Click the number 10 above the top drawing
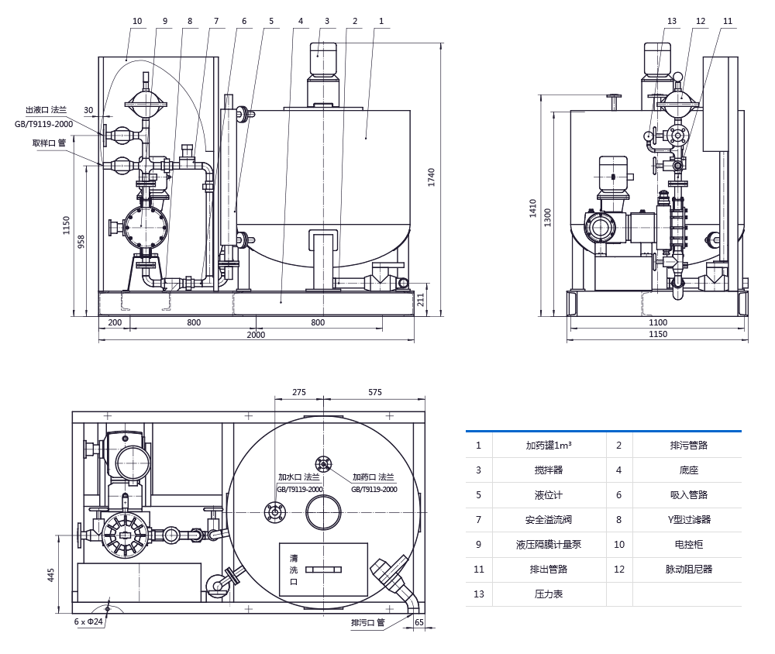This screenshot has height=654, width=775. click(x=137, y=21)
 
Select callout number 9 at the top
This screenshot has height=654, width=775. click(x=164, y=21)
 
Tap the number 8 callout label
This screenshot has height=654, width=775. click(x=190, y=21)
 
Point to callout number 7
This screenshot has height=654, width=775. click(x=216, y=21)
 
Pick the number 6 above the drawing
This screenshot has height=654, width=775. click(x=244, y=21)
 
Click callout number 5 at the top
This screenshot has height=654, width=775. click(x=271, y=21)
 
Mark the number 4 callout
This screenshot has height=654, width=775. click(x=301, y=21)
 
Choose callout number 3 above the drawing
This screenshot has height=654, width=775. click(x=327, y=21)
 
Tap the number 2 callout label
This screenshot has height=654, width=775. click(x=355, y=21)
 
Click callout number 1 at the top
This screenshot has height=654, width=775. click(x=381, y=21)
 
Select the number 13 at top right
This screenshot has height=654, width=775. click(x=672, y=21)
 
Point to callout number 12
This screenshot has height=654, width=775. click(x=701, y=21)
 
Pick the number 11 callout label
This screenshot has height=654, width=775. click(x=727, y=21)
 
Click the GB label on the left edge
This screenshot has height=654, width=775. click(x=20, y=124)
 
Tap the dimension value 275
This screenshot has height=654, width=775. click(x=299, y=392)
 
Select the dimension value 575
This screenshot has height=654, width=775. click(x=375, y=392)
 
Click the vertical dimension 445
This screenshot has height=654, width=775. click(x=51, y=574)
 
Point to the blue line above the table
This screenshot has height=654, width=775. click(x=603, y=431)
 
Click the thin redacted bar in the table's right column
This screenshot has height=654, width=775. click(x=663, y=569)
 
